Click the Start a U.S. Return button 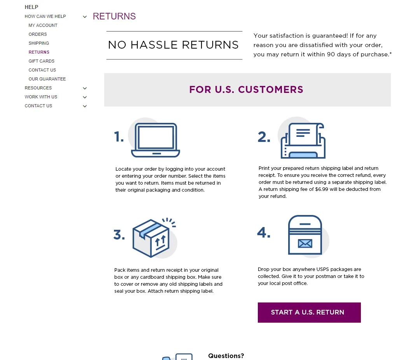tap(309, 312)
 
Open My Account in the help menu tap(43, 25)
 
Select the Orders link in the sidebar tap(38, 34)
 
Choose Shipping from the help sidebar tap(39, 43)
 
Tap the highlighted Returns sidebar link tap(39, 52)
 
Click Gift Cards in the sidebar tap(42, 61)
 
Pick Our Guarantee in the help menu tap(47, 79)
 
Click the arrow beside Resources tap(85, 88)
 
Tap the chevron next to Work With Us tap(85, 97)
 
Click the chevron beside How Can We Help tap(85, 17)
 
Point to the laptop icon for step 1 tap(155, 140)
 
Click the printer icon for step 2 tap(303, 141)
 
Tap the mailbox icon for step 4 tap(305, 235)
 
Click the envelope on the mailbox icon tap(305, 243)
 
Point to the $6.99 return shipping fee tap(322, 189)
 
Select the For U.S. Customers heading tap(246, 89)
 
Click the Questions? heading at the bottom tap(226, 356)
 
